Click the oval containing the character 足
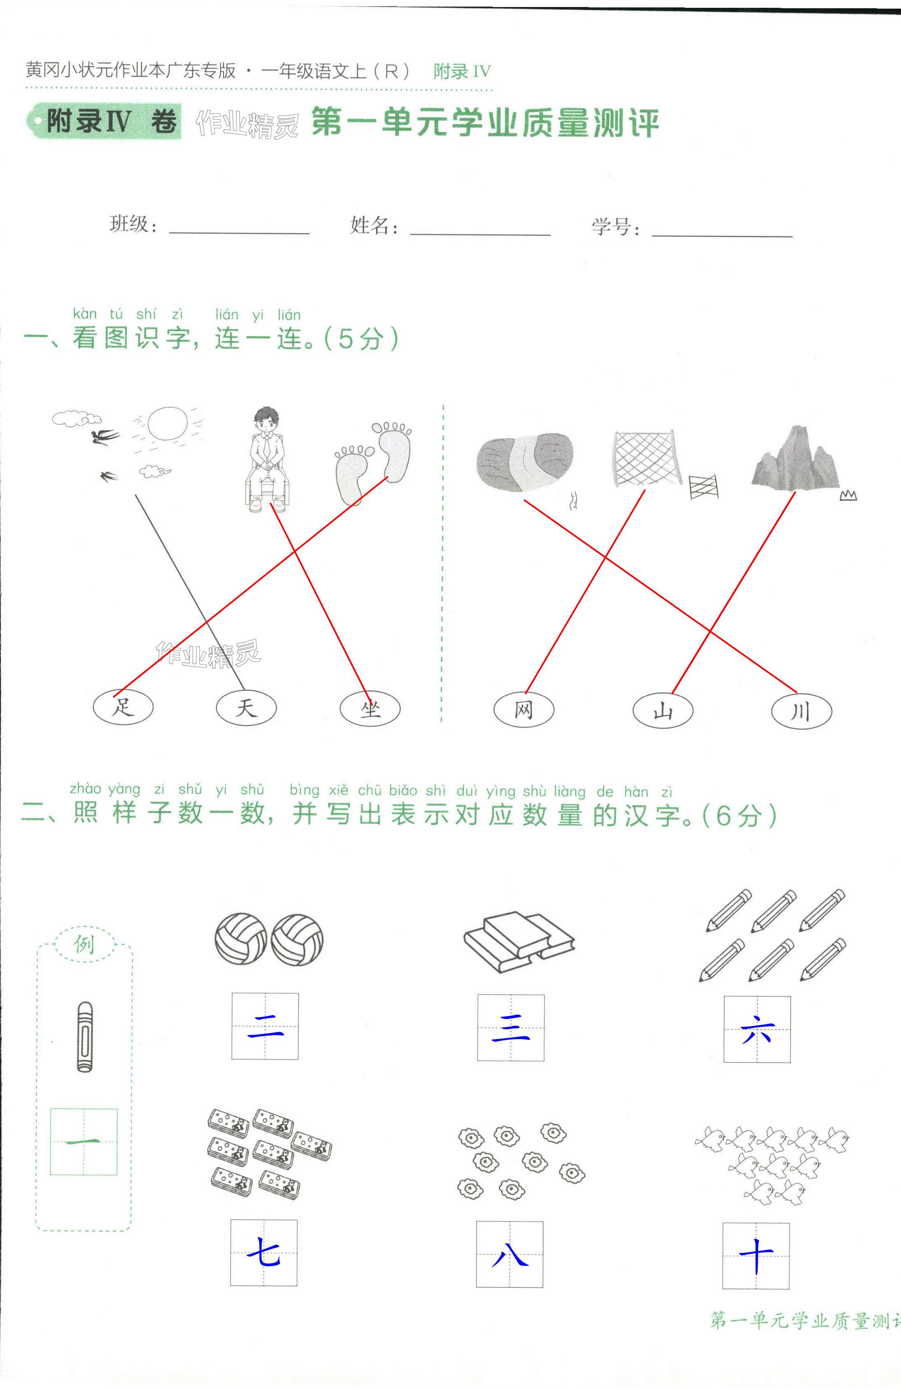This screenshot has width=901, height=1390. pos(123,707)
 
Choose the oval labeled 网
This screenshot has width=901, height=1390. pos(524,710)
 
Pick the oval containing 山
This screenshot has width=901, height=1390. pos(663,711)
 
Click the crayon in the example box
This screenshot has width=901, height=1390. pos(85,1037)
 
